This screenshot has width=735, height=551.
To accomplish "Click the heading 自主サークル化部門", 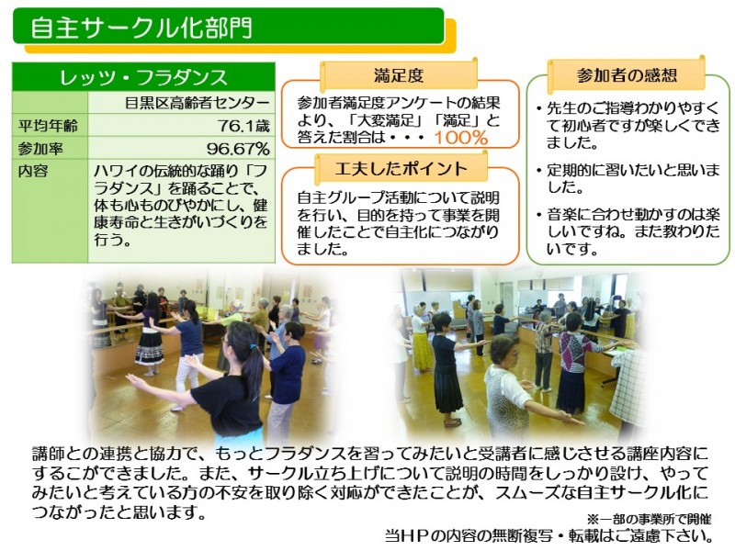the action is (x=141, y=28).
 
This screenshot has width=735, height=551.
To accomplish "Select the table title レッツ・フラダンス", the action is (x=143, y=77).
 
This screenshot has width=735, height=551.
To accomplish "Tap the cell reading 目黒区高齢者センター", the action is (x=198, y=102).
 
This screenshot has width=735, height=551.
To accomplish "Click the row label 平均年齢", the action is (x=48, y=126).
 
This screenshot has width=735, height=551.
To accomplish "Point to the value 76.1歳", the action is (x=243, y=126).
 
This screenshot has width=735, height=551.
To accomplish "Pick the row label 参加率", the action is (x=40, y=149).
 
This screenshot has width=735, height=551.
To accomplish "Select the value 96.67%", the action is (x=238, y=149).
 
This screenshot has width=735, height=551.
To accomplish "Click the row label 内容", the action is (x=33, y=171).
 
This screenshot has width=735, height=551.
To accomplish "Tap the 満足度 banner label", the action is (x=399, y=75).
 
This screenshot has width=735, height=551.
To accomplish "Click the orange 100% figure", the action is (x=461, y=138).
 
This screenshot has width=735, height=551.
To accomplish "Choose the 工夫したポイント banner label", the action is (x=401, y=168).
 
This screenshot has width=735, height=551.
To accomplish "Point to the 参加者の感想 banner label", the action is (x=628, y=75).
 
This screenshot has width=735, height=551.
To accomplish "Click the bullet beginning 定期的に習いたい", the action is (x=628, y=178).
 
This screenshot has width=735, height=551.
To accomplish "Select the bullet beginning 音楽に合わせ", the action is (x=628, y=231).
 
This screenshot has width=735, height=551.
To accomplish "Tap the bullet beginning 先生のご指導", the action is (x=628, y=125).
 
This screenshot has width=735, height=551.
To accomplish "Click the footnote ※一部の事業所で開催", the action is (x=650, y=519).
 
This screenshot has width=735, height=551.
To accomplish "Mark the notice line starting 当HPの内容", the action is (x=548, y=535).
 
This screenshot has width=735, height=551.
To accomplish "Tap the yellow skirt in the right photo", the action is (x=422, y=352).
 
